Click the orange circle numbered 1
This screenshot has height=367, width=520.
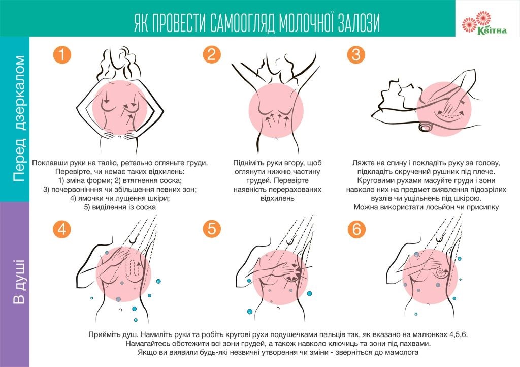coord(62,54)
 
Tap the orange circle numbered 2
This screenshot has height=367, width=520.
coord(212,54)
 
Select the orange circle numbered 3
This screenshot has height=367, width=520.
coord(356,54)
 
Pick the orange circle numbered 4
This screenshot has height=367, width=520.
coord(62,229)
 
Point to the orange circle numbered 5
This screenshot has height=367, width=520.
coord(212,229)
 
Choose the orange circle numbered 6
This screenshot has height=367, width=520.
coord(356,229)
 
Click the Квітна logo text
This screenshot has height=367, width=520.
coord(492,31)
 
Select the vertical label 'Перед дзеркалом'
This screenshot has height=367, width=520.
coord(19,118)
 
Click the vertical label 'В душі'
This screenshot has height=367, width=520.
coord(19,282)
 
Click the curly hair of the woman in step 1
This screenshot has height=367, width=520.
coord(118,62)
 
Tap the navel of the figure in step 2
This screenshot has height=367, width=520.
coord(276,139)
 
